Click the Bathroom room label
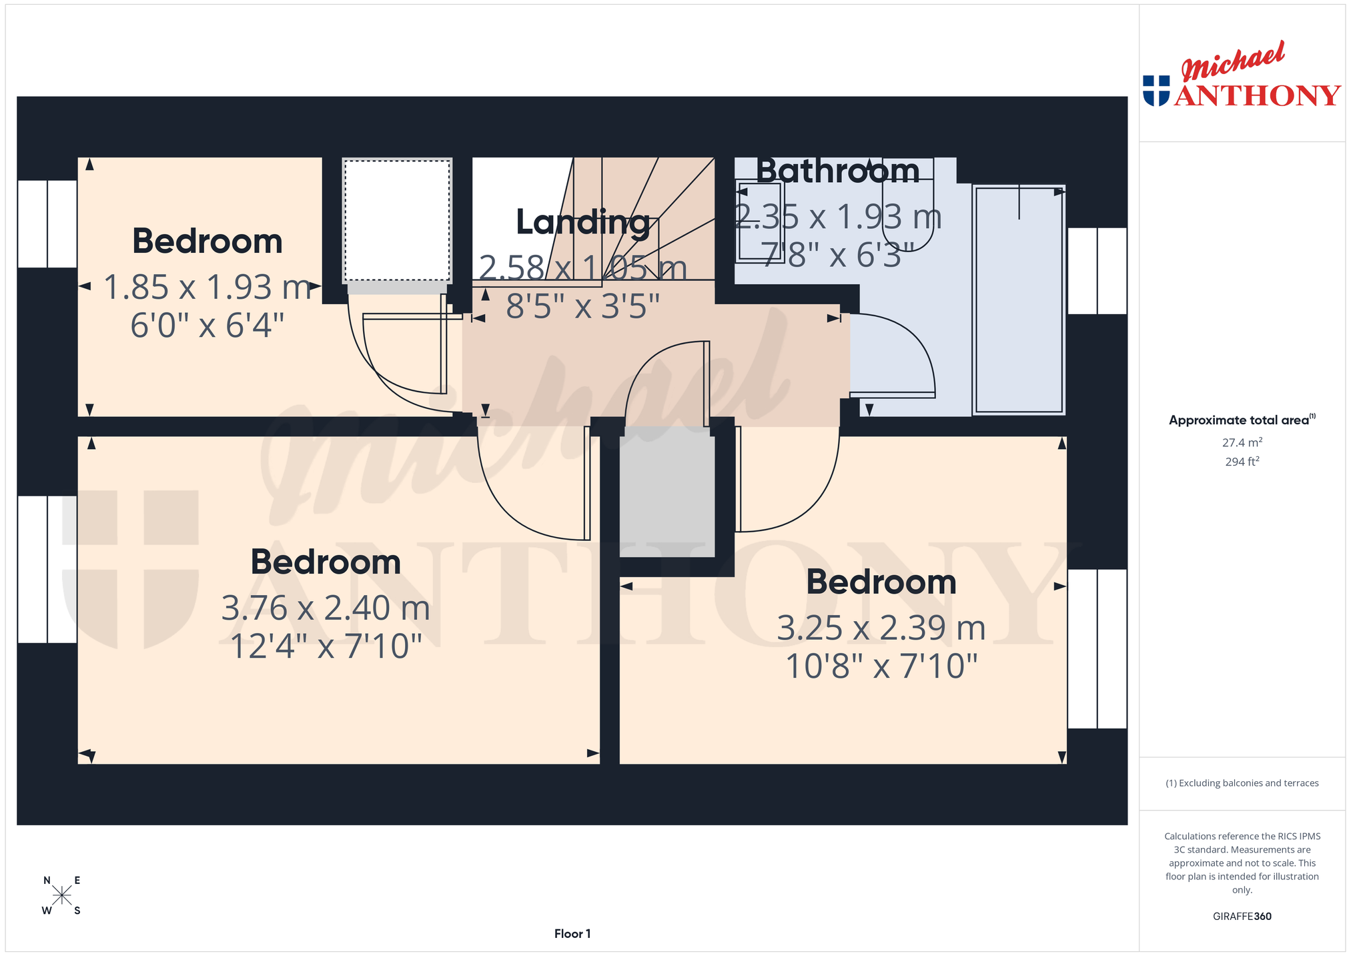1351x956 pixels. tap(838, 171)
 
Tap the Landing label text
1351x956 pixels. tap(583, 222)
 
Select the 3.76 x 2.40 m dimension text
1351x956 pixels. tap(326, 608)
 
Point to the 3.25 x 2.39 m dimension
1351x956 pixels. tap(881, 628)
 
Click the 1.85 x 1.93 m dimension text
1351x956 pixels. tap(207, 288)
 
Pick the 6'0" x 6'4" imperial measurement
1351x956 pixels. tap(207, 326)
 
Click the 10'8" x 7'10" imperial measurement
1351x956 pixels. tap(881, 666)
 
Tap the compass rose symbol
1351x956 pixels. tap(62, 895)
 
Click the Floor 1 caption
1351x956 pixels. tap(572, 934)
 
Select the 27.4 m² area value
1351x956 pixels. tap(1242, 442)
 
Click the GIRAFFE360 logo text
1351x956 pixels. tap(1242, 917)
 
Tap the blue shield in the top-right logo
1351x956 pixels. tap(1156, 91)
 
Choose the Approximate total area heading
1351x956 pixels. tap(1242, 420)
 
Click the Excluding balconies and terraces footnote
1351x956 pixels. tap(1242, 783)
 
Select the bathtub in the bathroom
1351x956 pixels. tap(1019, 300)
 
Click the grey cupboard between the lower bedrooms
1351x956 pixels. tap(667, 492)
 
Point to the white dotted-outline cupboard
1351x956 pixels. tap(398, 221)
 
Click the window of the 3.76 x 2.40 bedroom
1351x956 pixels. tap(47, 570)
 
